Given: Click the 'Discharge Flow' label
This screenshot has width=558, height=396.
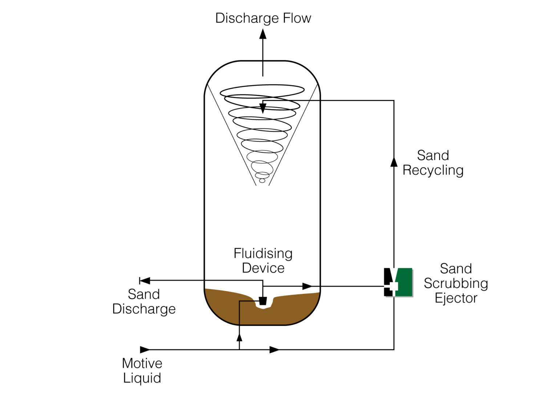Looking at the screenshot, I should point(263,18).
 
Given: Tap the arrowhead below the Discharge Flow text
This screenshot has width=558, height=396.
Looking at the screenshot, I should point(263,34).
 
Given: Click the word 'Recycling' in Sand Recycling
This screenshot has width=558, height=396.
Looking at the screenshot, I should point(433,170).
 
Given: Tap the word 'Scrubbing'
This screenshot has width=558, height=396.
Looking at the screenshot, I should point(456,283).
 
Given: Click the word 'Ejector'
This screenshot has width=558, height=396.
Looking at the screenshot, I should point(456,298).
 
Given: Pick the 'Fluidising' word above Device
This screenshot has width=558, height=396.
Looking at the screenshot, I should point(263,253).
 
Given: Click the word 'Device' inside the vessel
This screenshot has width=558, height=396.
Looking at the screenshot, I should point(263,268).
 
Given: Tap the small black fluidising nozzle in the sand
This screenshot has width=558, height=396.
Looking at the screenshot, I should point(263,301).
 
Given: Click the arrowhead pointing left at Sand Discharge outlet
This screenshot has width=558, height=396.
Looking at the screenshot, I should point(145,280).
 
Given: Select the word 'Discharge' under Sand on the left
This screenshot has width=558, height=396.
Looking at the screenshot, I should point(144,309).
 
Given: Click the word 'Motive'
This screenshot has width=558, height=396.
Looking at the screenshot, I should point(142,363).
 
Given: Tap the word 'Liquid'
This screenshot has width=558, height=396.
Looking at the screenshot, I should point(142,378).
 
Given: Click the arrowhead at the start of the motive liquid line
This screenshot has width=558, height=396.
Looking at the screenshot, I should point(145,350).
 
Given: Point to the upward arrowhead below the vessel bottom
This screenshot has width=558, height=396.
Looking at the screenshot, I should point(239,337).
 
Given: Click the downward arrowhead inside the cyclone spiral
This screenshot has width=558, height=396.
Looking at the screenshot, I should point(263,108).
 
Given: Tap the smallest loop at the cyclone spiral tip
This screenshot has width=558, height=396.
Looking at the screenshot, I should point(262,180).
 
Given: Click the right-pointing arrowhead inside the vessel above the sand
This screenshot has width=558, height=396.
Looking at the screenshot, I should point(307,286).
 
